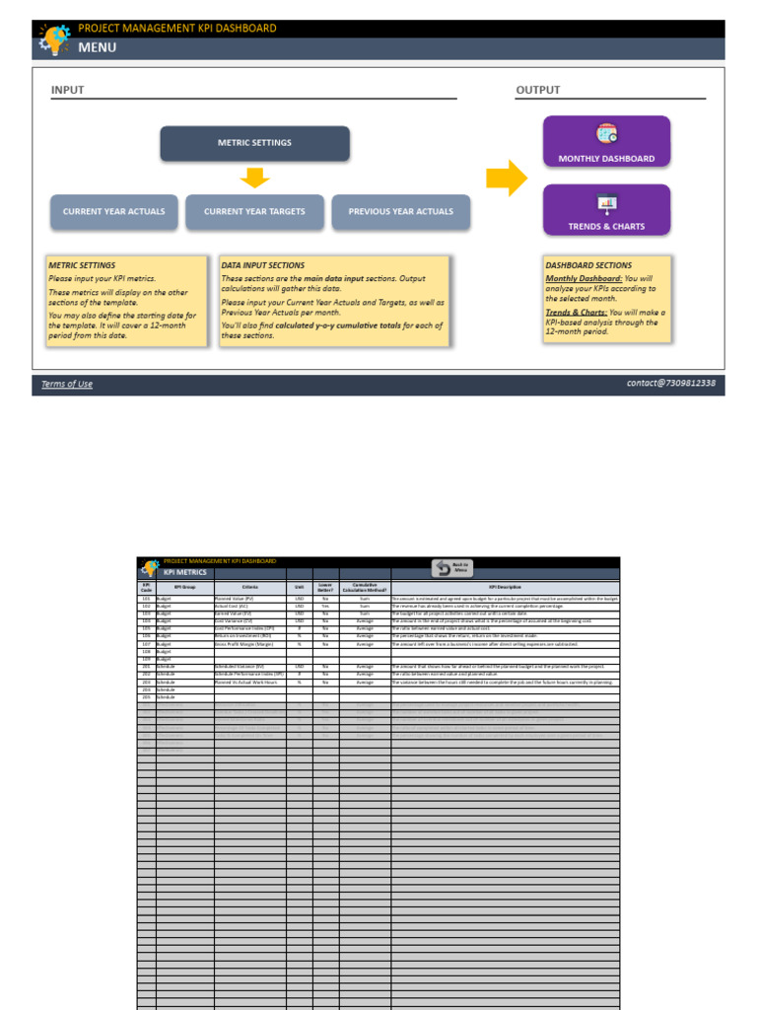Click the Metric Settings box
coord(254,143)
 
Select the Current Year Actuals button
coord(114,212)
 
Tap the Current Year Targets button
coord(254,212)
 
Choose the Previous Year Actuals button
coord(400,212)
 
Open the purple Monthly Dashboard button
coord(606,142)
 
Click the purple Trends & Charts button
coord(606,210)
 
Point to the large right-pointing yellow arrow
coord(507,179)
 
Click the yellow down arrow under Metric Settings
coord(254,178)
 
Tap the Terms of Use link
coord(67,384)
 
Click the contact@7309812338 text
coord(670,383)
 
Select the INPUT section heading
coord(68,90)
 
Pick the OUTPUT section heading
coord(537,90)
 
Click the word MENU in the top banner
coord(97,47)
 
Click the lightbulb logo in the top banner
coord(53,40)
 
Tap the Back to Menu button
coord(452,568)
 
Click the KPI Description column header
coord(505,587)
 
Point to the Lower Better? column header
coord(325,587)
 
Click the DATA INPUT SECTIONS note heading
coord(263,265)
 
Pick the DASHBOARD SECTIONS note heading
coord(588,265)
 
